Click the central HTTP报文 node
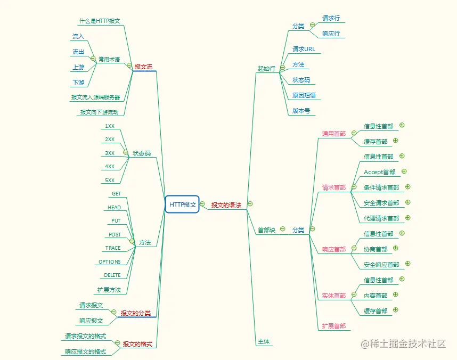[182, 204]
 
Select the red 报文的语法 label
[226, 204]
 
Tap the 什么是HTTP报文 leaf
[100, 21]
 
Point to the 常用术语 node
[109, 59]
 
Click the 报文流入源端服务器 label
[96, 97]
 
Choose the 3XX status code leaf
[110, 153]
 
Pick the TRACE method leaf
[113, 248]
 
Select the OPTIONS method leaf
[110, 262]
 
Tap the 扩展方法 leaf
[109, 290]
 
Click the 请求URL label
[304, 49]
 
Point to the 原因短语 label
[304, 96]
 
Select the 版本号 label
[301, 111]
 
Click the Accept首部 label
[380, 172]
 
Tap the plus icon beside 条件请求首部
[407, 187]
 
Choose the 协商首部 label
[376, 249]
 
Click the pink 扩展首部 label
[334, 326]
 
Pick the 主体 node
[264, 341]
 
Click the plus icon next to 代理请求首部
[407, 218]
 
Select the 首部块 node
[266, 230]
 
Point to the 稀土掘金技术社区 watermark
[403, 344]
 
